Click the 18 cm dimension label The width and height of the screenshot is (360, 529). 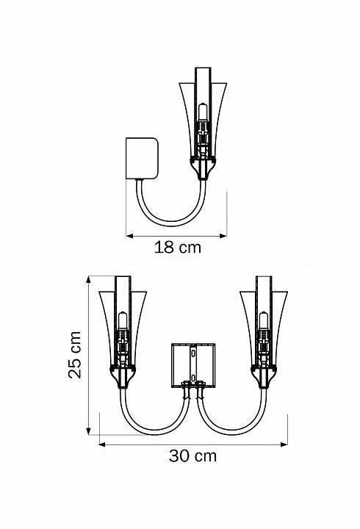(x=178, y=248)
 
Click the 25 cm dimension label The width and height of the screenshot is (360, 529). (x=75, y=355)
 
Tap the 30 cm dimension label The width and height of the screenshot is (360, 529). (x=192, y=456)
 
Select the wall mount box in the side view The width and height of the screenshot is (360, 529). (x=142, y=157)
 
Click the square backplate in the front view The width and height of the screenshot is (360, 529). (x=193, y=365)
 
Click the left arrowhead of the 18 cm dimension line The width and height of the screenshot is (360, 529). (x=129, y=236)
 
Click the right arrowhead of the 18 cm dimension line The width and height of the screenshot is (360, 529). (x=223, y=236)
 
